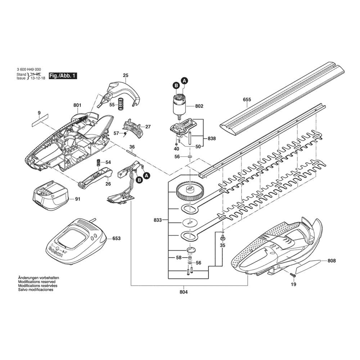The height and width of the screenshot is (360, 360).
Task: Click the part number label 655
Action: coord(247,100)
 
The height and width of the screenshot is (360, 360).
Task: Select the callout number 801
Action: coord(77,105)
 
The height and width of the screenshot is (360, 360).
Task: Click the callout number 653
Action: coord(116,238)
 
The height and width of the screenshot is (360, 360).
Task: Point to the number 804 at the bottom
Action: coord(184,292)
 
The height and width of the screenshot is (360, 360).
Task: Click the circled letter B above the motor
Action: coord(176,85)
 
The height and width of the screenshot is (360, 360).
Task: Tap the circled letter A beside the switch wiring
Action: coord(147,175)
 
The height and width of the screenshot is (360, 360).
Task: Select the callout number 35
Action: coord(222,245)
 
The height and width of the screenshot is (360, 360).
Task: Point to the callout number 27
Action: coord(148,127)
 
